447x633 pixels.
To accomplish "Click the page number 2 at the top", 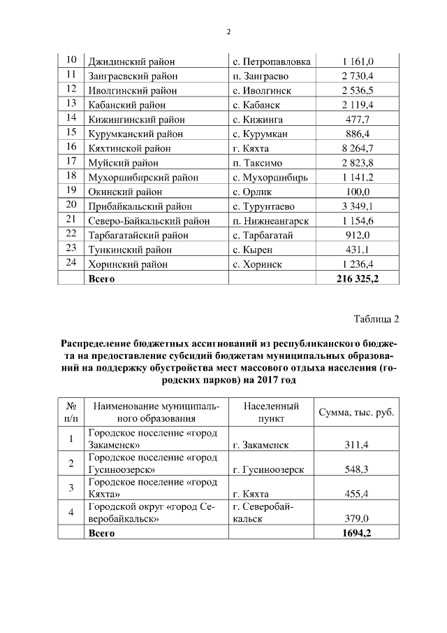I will pyautogui.click(x=228, y=31).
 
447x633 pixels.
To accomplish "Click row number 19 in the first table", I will pyautogui.click(x=71, y=191).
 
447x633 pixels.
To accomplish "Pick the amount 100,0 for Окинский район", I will pyautogui.click(x=358, y=192).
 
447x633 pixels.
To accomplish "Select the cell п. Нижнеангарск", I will pyautogui.click(x=271, y=220).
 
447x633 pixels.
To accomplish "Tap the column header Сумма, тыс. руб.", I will pyautogui.click(x=356, y=413).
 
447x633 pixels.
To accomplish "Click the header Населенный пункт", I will pyautogui.click(x=272, y=413).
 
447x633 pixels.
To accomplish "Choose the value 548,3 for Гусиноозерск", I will pyautogui.click(x=358, y=470).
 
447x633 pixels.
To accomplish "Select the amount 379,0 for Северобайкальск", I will pyautogui.click(x=358, y=518).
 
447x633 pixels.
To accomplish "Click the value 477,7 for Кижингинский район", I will pyautogui.click(x=358, y=119).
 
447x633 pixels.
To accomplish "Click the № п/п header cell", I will pyautogui.click(x=71, y=413).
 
